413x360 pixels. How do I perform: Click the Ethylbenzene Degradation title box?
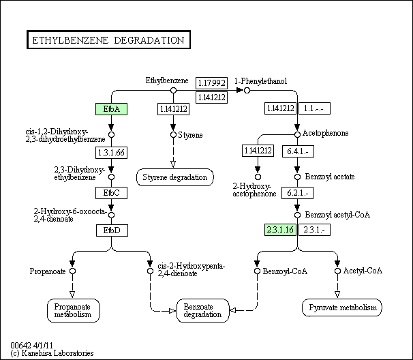click(108, 40)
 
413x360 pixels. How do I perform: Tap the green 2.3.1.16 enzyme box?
click(279, 229)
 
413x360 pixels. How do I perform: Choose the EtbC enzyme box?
click(112, 193)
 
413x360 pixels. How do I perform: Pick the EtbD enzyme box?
click(112, 230)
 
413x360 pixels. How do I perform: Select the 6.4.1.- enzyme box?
click(297, 151)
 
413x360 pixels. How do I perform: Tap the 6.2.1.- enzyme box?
click(297, 193)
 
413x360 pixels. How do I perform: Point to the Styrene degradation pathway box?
click(174, 177)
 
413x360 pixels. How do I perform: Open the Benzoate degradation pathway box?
click(202, 310)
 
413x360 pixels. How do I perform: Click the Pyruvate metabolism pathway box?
click(340, 308)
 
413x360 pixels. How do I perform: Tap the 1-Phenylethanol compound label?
click(261, 81)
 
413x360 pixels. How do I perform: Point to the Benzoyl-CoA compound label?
click(285, 271)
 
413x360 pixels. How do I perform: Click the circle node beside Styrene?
click(174, 135)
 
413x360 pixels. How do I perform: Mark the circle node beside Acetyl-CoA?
click(337, 271)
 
